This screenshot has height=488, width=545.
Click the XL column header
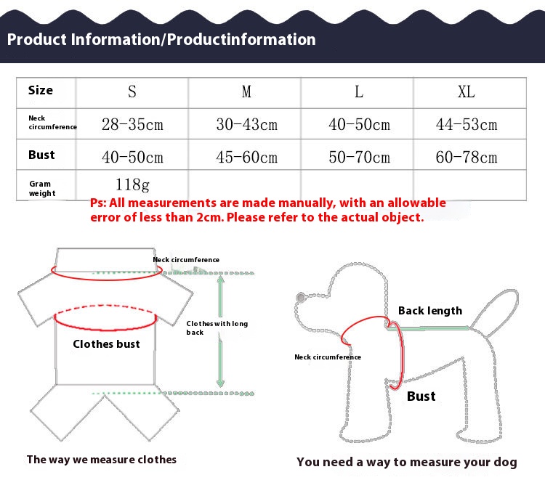466,91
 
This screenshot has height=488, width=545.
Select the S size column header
132,91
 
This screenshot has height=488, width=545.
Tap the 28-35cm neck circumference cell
132,124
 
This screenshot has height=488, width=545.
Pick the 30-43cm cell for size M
247,124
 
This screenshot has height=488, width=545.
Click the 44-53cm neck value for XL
467,124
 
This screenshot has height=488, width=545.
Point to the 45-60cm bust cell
247,157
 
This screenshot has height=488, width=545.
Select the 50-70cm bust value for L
360,157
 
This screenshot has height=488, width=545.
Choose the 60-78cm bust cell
467,157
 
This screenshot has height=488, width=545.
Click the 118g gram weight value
132,184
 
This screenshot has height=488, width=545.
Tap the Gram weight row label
42,188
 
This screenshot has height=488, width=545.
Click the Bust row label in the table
41,155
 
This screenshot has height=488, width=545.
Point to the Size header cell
41,90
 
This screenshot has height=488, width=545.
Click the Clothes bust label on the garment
106,344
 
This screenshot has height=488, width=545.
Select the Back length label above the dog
430,311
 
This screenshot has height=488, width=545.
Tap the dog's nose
301,297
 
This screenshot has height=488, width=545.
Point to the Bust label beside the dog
421,396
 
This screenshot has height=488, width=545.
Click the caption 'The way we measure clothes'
102,460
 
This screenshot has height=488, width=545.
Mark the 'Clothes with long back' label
217,328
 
